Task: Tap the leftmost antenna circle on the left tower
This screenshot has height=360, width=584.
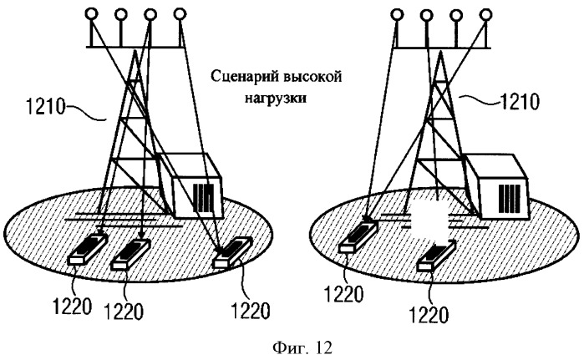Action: pos(91,13)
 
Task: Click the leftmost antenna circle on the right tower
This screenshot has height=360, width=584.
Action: pos(396,13)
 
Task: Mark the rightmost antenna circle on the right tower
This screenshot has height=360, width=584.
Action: pos(485,13)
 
